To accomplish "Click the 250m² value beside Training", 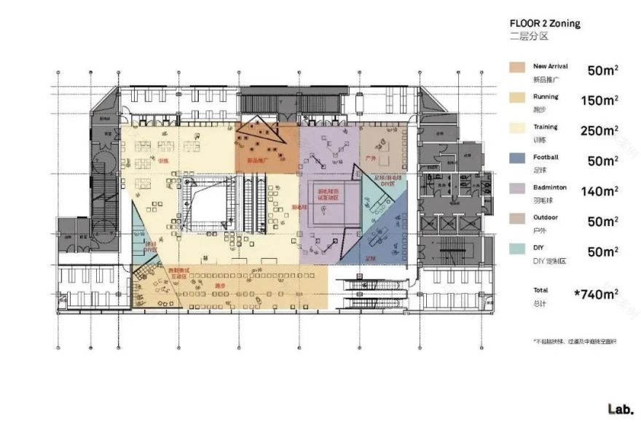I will [x=599, y=131].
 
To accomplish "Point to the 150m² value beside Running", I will [x=599, y=101].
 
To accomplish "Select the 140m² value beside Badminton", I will [x=599, y=192].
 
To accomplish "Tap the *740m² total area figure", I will [x=596, y=294].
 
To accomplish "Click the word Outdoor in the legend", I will [x=545, y=217].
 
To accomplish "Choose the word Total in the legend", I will [x=541, y=290].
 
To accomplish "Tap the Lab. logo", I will [x=621, y=408].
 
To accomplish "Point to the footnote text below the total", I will [x=574, y=341].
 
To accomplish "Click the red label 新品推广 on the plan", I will [x=259, y=159].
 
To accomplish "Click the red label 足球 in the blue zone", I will [x=369, y=258].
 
